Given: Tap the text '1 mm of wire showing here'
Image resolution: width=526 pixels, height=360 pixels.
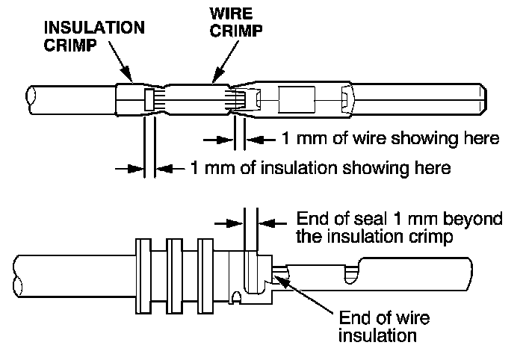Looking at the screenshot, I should coord(389,138).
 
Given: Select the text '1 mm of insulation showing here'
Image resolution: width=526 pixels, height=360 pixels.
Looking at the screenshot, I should coord(321,168).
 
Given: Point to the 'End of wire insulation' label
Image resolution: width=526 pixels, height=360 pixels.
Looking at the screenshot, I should coord(384,327).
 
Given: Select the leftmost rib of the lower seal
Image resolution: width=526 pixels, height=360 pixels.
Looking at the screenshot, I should coord(143,275).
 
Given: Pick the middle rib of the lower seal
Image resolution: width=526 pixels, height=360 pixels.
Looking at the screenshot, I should coord(176,275).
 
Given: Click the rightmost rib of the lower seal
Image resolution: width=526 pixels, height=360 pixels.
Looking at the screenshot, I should coord(208,275).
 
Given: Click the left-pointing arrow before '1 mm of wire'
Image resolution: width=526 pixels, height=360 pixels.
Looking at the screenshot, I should coord(259,138).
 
